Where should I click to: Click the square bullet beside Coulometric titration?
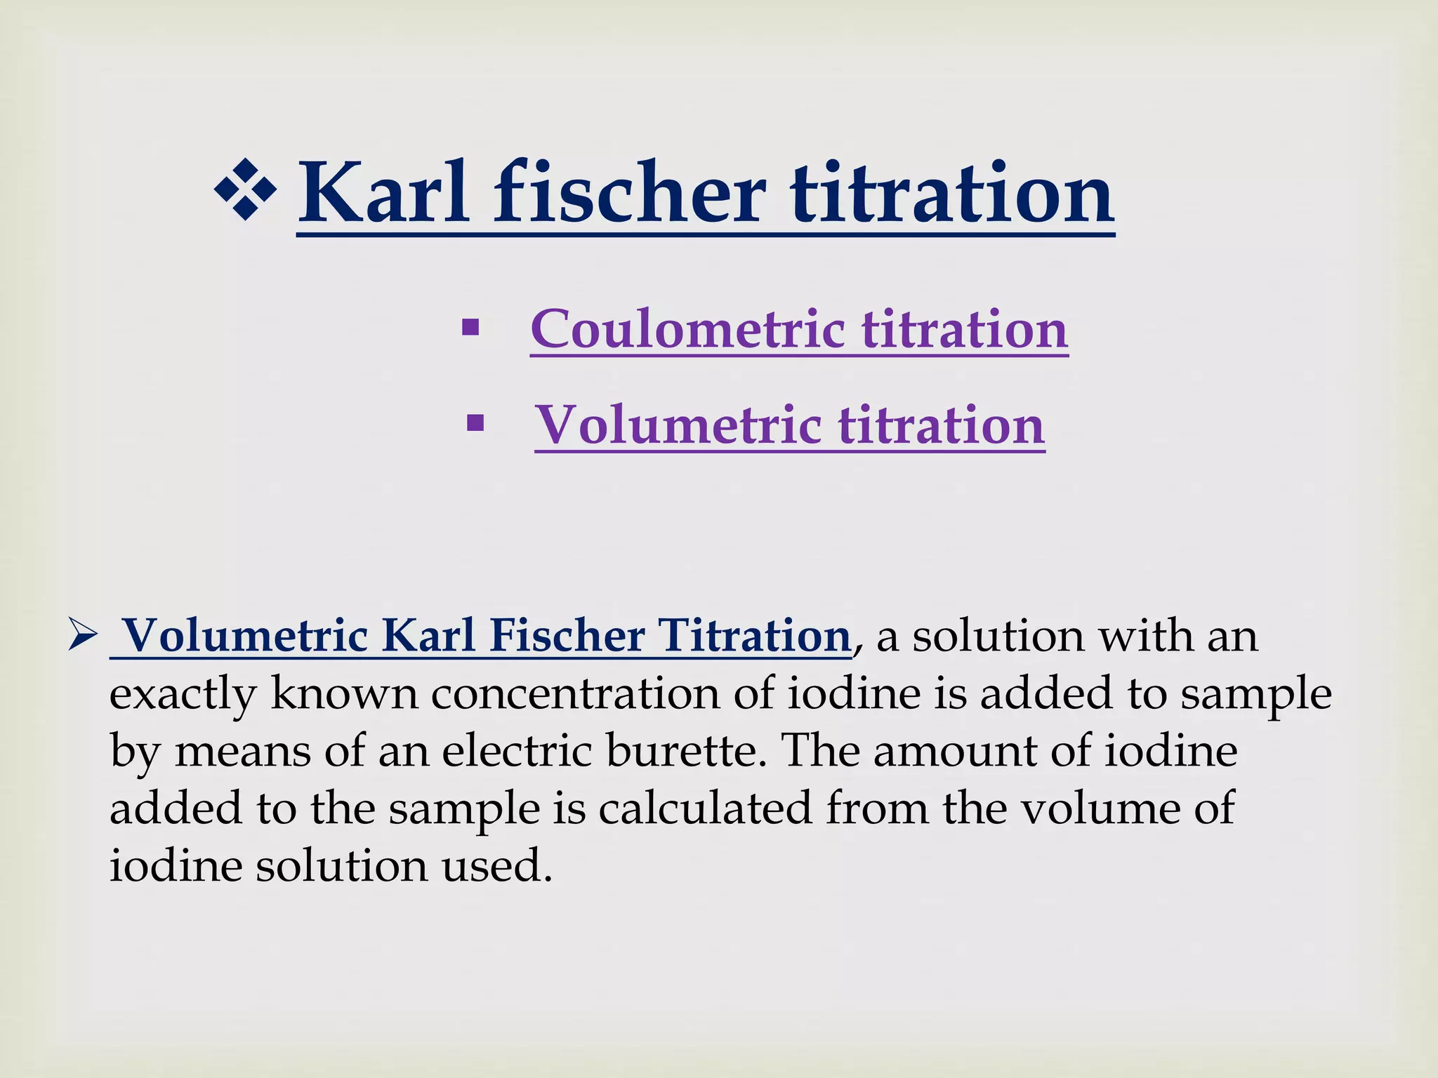pos(470,327)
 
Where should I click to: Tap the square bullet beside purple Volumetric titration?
pos(475,423)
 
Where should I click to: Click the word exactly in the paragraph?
pos(183,695)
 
